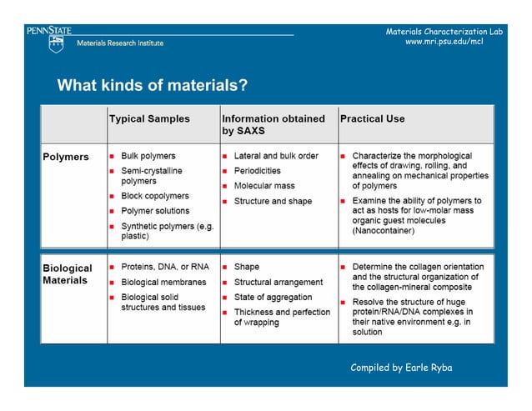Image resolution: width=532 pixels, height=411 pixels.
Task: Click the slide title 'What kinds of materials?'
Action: [152, 86]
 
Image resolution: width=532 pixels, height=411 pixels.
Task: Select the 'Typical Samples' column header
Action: [149, 119]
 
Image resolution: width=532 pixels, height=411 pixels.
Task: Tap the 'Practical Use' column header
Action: [372, 119]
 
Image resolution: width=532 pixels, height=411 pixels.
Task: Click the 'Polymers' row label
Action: [66, 157]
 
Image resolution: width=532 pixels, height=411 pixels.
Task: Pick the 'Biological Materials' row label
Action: [68, 274]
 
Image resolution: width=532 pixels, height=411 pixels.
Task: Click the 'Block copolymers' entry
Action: [155, 196]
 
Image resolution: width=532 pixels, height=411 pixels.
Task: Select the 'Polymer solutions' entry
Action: [155, 211]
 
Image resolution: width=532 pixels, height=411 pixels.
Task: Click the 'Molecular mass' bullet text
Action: [264, 186]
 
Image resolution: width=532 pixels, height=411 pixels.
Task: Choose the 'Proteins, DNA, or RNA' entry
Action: [165, 268]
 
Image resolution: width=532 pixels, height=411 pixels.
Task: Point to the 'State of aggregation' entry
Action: [274, 297]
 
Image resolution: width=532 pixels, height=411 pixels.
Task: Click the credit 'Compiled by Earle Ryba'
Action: [401, 368]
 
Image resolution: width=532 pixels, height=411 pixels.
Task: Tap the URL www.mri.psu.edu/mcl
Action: [443, 42]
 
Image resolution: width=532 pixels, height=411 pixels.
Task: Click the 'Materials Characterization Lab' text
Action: [444, 32]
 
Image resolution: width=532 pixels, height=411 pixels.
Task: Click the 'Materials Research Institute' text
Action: [120, 43]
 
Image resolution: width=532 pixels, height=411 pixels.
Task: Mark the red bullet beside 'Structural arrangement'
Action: [226, 283]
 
